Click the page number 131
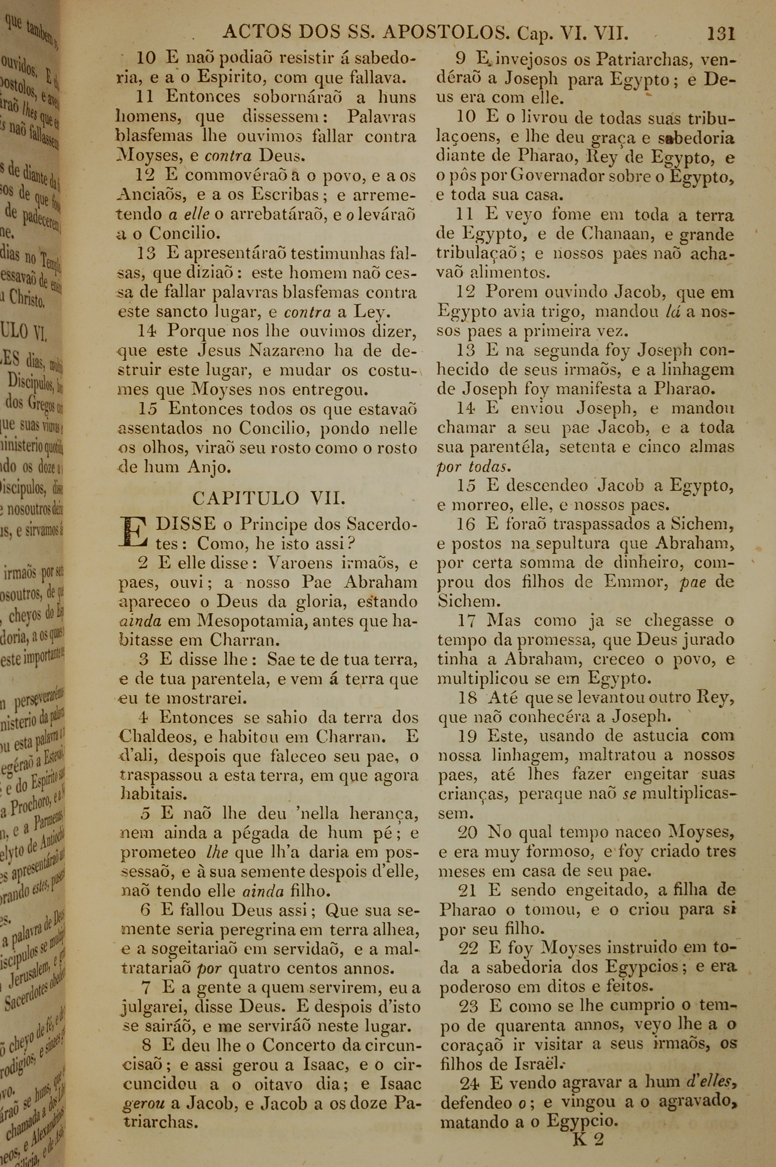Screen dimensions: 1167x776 [721, 34]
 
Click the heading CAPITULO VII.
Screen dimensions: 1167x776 [268, 497]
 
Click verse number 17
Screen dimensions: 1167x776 [467, 620]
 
